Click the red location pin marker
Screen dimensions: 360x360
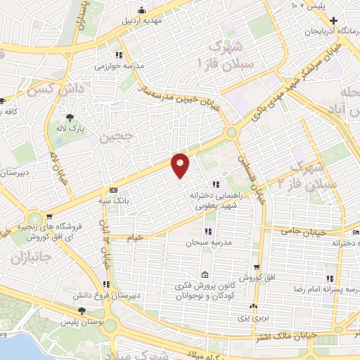(x=181, y=165)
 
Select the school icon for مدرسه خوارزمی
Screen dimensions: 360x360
(x=120, y=55)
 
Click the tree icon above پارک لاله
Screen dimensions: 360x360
(x=70, y=117)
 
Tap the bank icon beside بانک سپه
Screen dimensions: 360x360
(x=112, y=190)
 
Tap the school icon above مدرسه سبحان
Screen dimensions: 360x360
(x=208, y=231)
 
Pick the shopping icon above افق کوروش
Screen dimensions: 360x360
(x=257, y=267)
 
